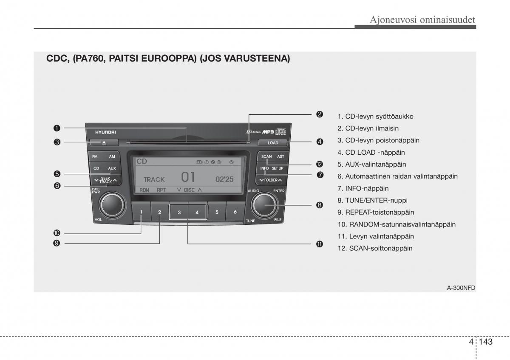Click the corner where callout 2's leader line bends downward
[249, 114]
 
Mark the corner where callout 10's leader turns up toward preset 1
[141, 233]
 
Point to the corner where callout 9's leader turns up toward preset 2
[160, 244]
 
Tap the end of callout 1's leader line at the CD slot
[187, 142]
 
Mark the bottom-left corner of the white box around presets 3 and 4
[170, 219]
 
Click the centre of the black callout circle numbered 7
[320, 175]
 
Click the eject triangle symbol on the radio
[104, 143]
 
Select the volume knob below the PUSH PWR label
[112, 205]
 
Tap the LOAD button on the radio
[273, 143]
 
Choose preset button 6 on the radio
[235, 212]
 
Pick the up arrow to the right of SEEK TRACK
[115, 180]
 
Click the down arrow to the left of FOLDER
[261, 180]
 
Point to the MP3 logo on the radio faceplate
[268, 132]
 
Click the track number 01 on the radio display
[188, 177]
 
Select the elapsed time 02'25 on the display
[224, 179]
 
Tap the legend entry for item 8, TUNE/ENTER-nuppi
[372, 200]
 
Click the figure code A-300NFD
[461, 288]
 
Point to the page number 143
[486, 342]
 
